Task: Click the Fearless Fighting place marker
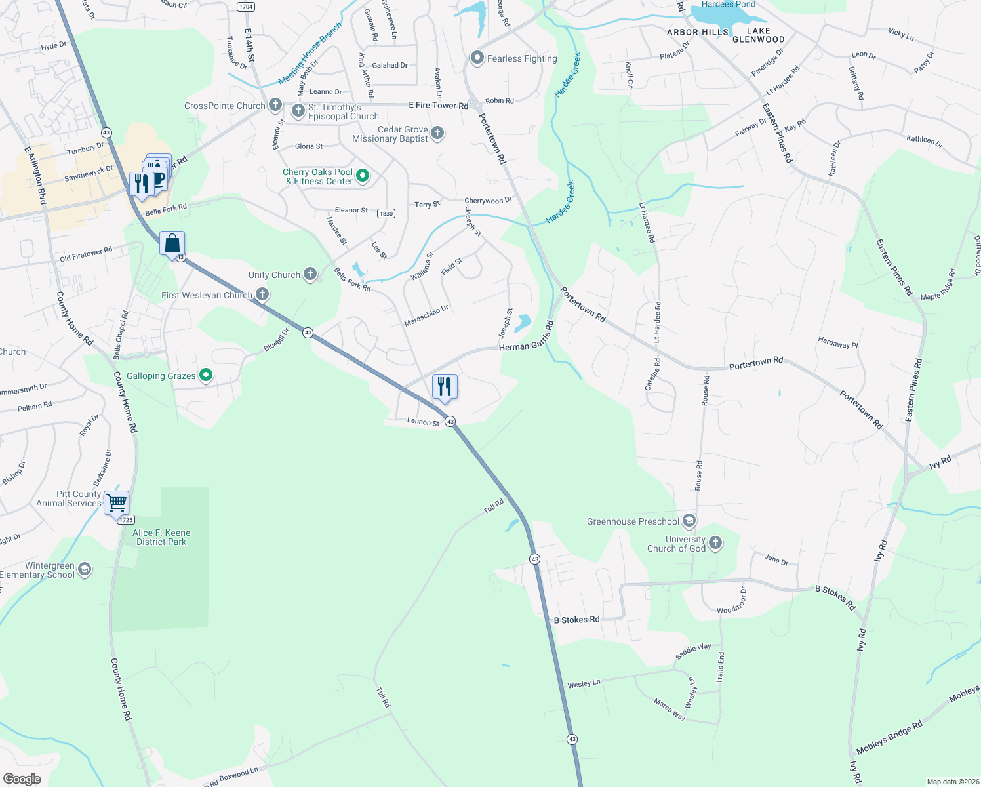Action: (477, 58)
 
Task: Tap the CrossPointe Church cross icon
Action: (275, 105)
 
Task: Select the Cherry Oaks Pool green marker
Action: (362, 176)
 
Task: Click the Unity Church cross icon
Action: (310, 275)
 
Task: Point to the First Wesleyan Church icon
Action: (262, 294)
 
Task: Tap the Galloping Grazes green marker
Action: (206, 375)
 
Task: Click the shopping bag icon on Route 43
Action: (172, 244)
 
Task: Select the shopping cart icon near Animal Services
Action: (117, 503)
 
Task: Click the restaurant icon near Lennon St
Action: (445, 387)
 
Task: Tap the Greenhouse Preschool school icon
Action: (689, 521)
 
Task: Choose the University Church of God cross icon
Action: (715, 543)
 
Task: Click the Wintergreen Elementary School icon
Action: (85, 569)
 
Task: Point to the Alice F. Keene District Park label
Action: (161, 537)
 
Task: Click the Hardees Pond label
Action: (728, 5)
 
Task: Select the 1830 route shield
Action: (386, 213)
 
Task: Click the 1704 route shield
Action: (245, 7)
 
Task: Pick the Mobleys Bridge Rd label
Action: (889, 737)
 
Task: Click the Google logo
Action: (22, 778)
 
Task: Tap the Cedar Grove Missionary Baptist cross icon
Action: (437, 133)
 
